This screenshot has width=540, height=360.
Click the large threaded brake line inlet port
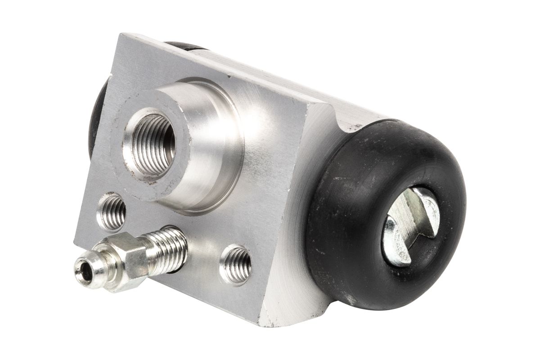149,143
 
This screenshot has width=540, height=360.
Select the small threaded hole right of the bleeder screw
235,264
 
